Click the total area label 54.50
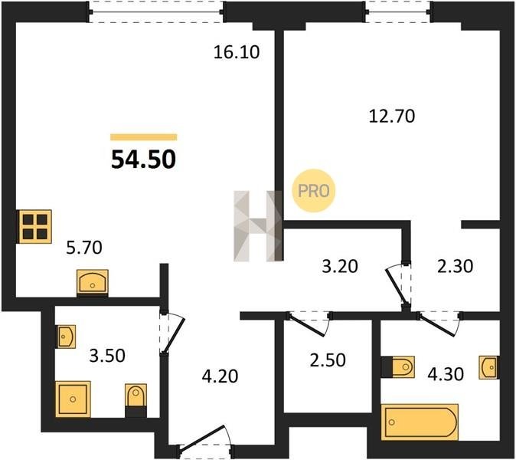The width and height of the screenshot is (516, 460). coord(143,159)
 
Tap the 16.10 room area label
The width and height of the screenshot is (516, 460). coord(237,52)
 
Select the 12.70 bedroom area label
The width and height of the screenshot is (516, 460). coord(392,117)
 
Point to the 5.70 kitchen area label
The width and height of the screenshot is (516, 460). coord(84,248)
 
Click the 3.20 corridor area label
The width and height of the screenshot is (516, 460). coord(340,267)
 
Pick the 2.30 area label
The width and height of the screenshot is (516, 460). coord(455,267)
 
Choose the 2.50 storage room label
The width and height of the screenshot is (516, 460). coord(328,360)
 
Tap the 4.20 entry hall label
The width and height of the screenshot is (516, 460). coord(220,376)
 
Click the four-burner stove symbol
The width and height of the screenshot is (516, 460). coord(34,226)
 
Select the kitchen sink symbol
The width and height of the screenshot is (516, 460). coord(93,283)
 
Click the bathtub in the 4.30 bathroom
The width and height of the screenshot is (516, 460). coord(420,422)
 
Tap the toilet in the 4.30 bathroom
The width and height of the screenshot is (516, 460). coord(398,366)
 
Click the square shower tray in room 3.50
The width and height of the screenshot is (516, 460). coord(73,399)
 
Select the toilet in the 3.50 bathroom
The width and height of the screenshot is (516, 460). coord(136,399)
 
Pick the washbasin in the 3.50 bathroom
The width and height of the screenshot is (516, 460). coord(67,337)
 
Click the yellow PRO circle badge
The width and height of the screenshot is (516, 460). coord(314,190)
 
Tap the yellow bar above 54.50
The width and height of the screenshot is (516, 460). coord(144,137)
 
